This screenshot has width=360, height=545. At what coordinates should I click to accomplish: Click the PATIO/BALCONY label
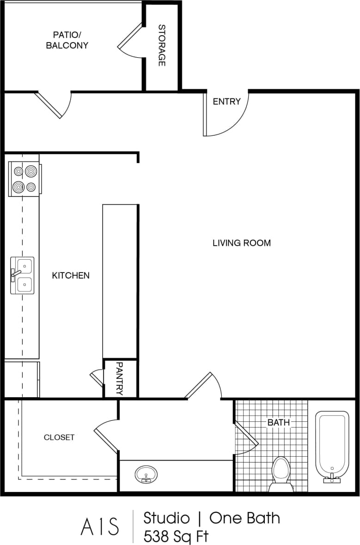(x=67, y=40)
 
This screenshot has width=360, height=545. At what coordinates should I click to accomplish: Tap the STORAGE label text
(x=162, y=45)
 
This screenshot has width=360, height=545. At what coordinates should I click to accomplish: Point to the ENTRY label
(x=226, y=102)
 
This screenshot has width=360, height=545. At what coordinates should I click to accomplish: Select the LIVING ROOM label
(x=241, y=242)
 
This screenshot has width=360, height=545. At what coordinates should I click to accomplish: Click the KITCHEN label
(x=71, y=275)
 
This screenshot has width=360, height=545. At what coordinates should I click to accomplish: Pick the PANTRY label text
(x=120, y=378)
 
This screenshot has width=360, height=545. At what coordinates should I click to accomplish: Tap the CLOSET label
(x=59, y=437)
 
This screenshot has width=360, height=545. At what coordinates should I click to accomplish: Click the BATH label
(x=279, y=422)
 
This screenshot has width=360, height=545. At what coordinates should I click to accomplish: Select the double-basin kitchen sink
(x=23, y=276)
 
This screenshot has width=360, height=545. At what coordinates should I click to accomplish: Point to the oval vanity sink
(x=146, y=474)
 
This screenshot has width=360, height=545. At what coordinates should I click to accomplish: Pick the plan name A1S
(x=100, y=527)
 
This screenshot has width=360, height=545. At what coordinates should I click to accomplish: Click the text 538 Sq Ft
(x=176, y=536)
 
